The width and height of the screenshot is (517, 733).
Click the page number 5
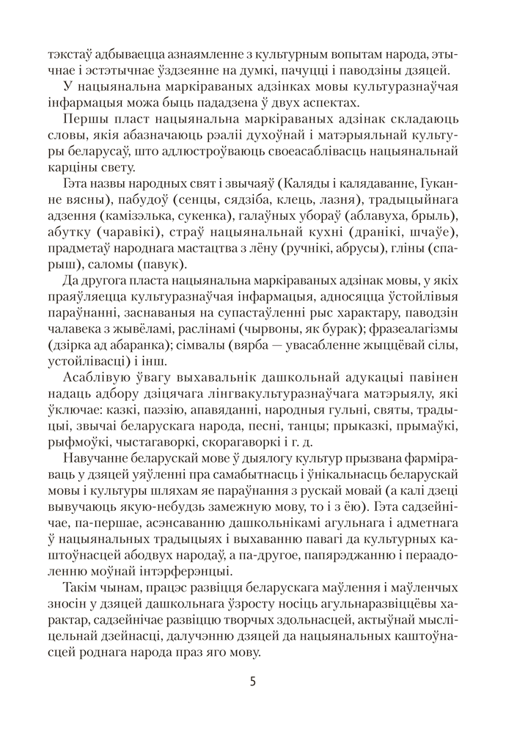(x=252, y=680)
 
